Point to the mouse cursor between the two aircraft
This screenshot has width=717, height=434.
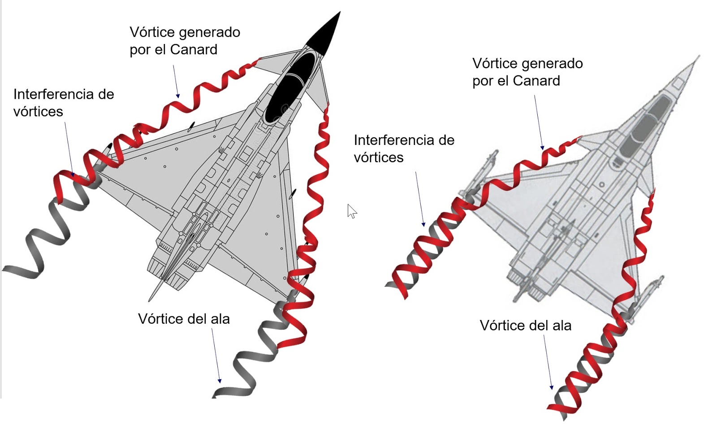point(351,210)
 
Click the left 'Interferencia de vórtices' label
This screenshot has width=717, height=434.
point(63,103)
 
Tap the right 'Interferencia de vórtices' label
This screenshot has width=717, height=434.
point(404,149)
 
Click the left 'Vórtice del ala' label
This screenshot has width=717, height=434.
point(184,319)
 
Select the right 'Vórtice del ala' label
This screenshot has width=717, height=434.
point(525,325)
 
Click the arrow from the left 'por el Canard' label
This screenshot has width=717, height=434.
point(176,81)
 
